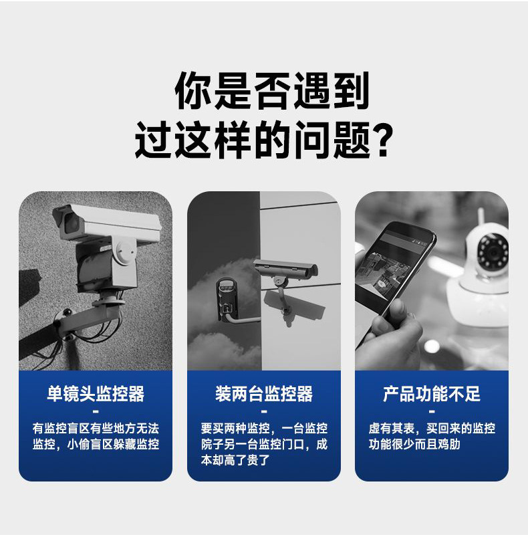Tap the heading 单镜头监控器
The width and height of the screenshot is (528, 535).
click(96, 393)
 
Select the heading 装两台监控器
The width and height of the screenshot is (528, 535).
click(264, 393)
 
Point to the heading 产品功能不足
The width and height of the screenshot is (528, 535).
click(432, 393)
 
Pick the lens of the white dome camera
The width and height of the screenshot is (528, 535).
click(493, 252)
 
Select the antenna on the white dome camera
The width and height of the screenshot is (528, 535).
click(480, 217)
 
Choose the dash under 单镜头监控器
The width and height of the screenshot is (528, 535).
click(96, 411)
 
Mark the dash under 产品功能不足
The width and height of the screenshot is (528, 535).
click(432, 411)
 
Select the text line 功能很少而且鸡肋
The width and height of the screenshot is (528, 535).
click(414, 444)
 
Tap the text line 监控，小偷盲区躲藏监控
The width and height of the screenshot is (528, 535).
click(96, 444)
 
